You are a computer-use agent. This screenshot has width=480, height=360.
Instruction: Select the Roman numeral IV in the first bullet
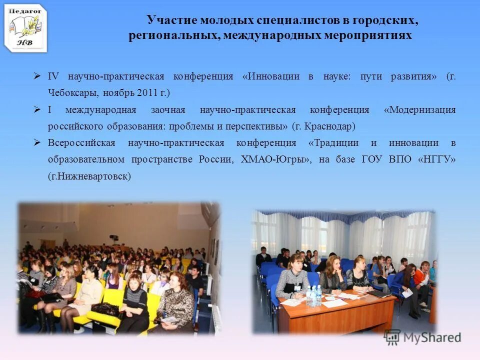(x=53, y=76)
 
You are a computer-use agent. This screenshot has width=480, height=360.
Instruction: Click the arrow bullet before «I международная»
(x=37, y=109)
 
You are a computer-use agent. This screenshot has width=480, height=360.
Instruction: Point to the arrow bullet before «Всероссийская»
(x=37, y=143)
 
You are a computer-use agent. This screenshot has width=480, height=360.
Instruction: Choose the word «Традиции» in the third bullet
(x=334, y=143)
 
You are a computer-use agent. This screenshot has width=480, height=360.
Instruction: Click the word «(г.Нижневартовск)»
(x=89, y=176)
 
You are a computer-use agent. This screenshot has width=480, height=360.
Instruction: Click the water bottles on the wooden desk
(x=314, y=296)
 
